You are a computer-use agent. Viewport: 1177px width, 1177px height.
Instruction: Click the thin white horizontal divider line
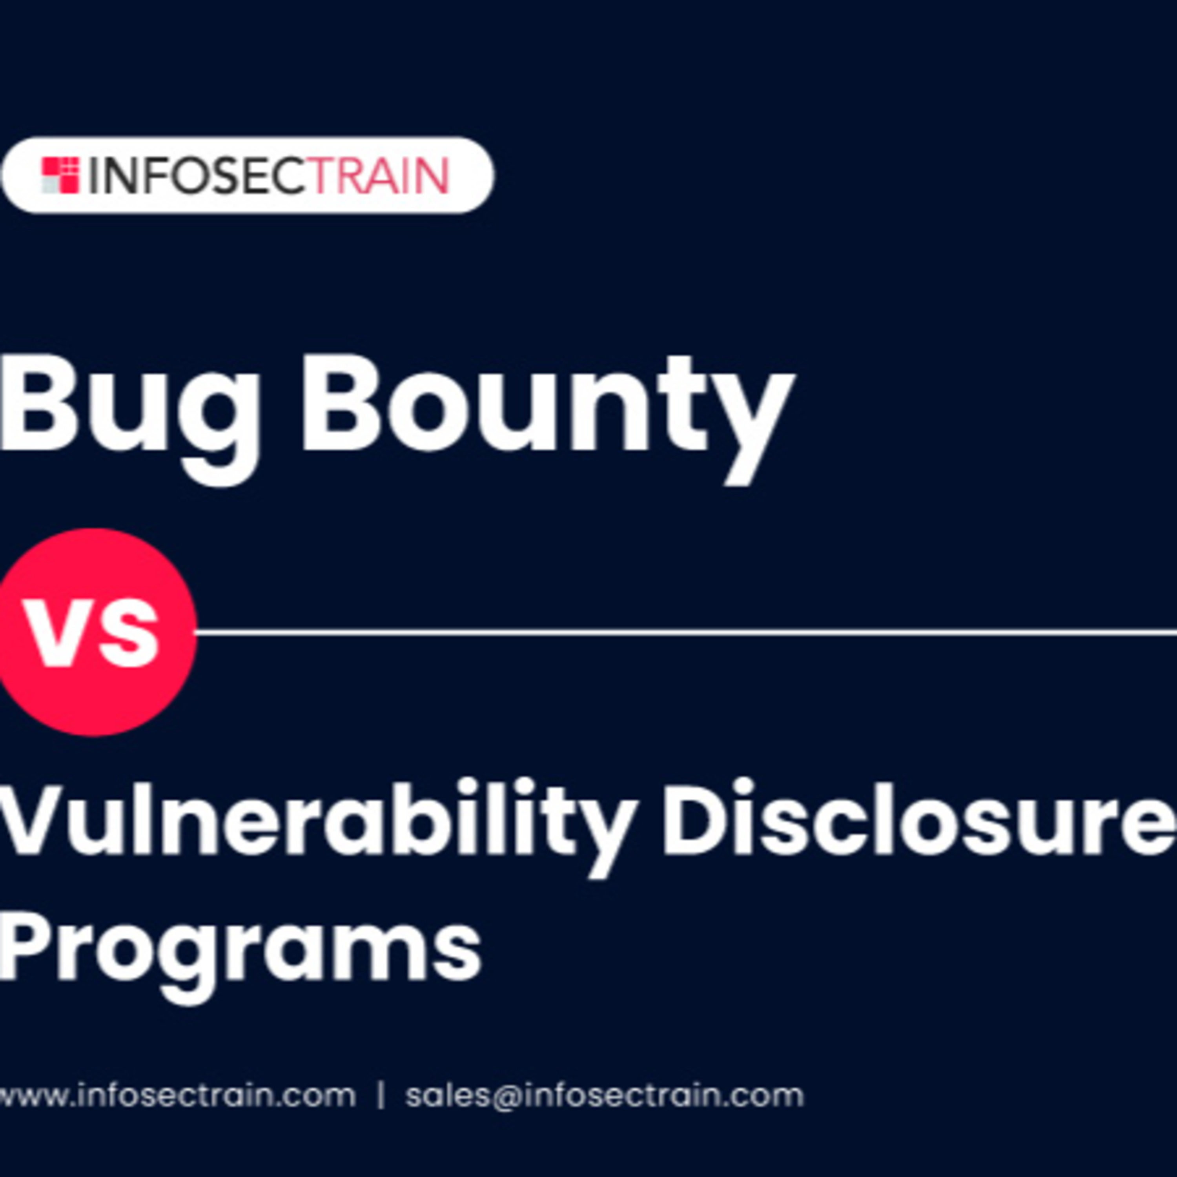[x=686, y=632]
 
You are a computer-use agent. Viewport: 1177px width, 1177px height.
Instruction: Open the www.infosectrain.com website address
[x=177, y=1096]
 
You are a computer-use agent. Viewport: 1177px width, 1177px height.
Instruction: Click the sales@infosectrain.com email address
[x=604, y=1096]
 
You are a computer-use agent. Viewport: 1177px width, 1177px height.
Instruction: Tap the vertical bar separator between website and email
[x=381, y=1096]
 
